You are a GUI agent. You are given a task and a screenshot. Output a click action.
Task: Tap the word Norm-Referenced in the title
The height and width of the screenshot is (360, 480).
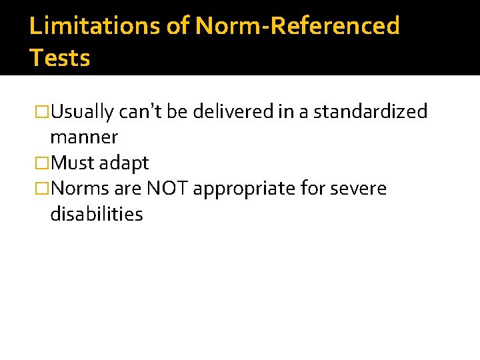coord(297,26)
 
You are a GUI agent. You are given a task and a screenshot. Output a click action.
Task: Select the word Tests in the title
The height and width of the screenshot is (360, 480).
coord(60,58)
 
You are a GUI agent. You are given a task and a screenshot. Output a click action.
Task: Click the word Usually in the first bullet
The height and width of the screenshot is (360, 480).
coord(82,112)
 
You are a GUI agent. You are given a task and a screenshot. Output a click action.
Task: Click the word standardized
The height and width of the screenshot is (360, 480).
coord(370,112)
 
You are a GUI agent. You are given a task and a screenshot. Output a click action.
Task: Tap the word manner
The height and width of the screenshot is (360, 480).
coord(84,138)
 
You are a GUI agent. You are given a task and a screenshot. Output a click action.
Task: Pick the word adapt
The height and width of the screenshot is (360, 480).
coord(124,163)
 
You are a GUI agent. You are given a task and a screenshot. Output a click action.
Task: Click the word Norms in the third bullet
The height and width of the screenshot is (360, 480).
coord(80,189)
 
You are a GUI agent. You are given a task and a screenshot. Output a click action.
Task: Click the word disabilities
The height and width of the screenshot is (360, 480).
coord(97,214)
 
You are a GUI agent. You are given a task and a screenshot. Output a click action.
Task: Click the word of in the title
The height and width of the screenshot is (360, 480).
coord(180,26)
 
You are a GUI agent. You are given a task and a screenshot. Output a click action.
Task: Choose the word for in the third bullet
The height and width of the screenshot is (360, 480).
coord(313,189)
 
